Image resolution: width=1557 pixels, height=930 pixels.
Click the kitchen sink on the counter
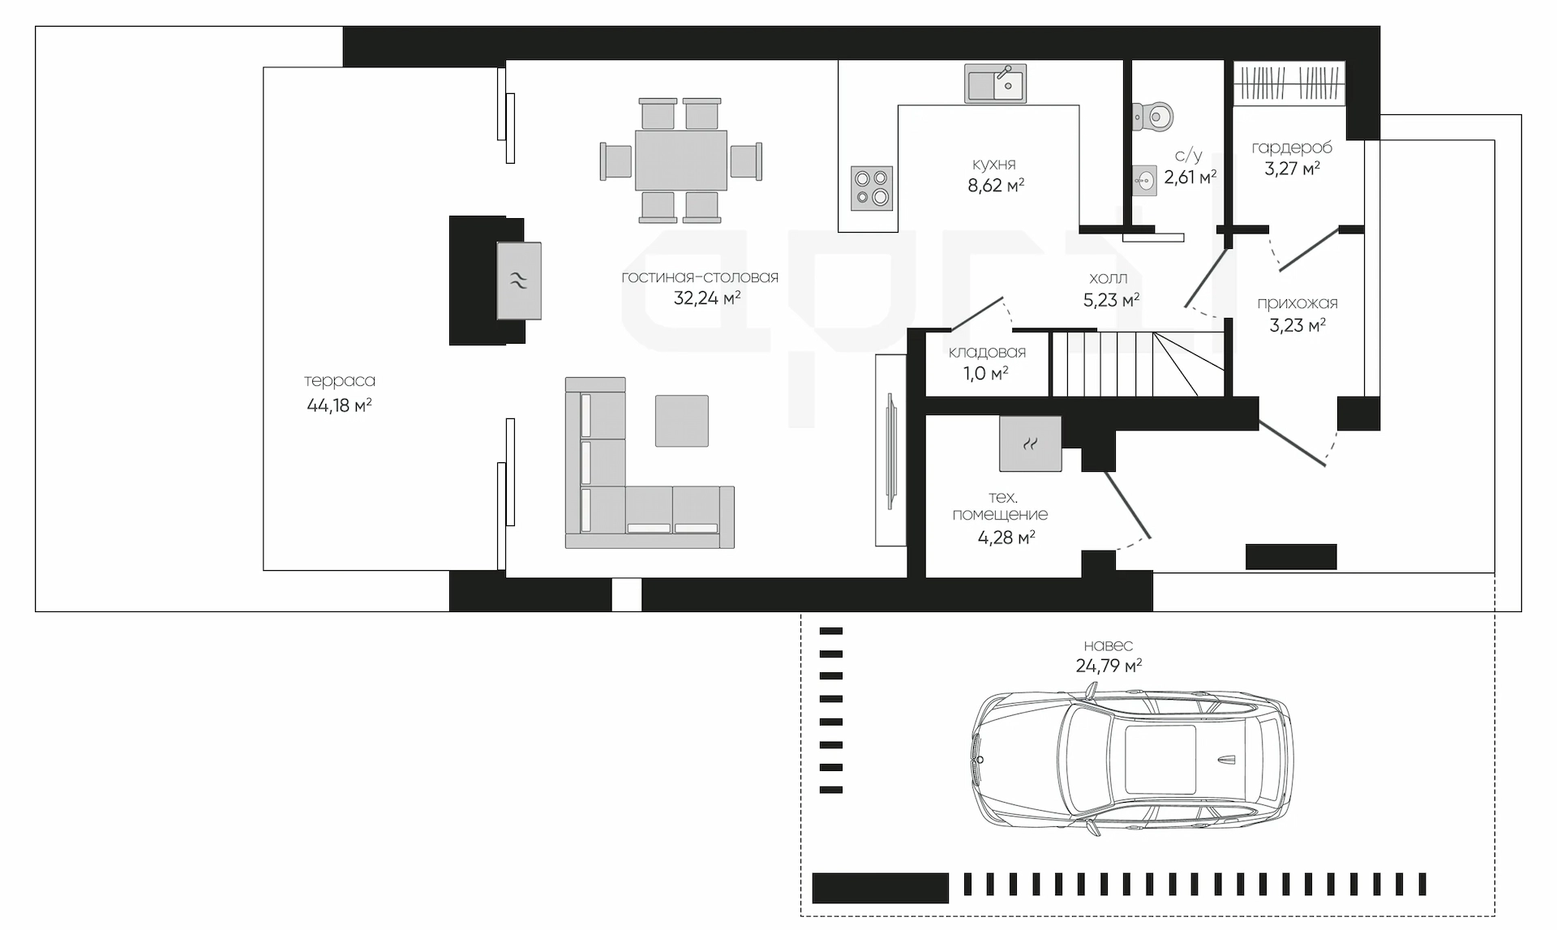pyautogui.click(x=995, y=84)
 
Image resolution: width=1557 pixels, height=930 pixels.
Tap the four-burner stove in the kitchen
pyautogui.click(x=872, y=188)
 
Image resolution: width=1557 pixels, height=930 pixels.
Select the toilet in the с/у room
pyautogui.click(x=1153, y=117)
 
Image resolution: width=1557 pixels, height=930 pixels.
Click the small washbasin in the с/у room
pyautogui.click(x=1144, y=181)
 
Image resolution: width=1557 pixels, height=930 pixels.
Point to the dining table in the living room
pyautogui.click(x=680, y=161)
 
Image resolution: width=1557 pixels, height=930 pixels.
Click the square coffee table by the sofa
pyautogui.click(x=682, y=421)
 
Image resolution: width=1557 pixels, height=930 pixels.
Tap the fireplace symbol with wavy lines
pyautogui.click(x=519, y=281)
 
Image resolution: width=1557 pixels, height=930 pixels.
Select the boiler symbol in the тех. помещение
pyautogui.click(x=1030, y=444)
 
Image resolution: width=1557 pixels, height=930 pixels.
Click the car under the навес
pyautogui.click(x=1132, y=760)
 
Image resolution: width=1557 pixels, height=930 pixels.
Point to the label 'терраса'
pyautogui.click(x=340, y=380)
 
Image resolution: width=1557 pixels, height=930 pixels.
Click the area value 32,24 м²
pyautogui.click(x=707, y=298)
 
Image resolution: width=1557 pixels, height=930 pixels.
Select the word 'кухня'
pyautogui.click(x=994, y=164)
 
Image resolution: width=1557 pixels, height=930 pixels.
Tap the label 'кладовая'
pyautogui.click(x=987, y=352)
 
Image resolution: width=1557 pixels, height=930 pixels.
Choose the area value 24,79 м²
pyautogui.click(x=1109, y=666)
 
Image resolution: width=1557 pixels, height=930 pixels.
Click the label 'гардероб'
pyautogui.click(x=1292, y=148)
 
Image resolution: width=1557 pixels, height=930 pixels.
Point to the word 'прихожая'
pyautogui.click(x=1297, y=303)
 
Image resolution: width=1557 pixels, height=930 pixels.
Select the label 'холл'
pyautogui.click(x=1109, y=278)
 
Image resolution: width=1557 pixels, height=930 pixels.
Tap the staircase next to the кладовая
pyautogui.click(x=1138, y=363)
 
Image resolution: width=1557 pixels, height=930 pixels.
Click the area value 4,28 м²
pyautogui.click(x=1006, y=537)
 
